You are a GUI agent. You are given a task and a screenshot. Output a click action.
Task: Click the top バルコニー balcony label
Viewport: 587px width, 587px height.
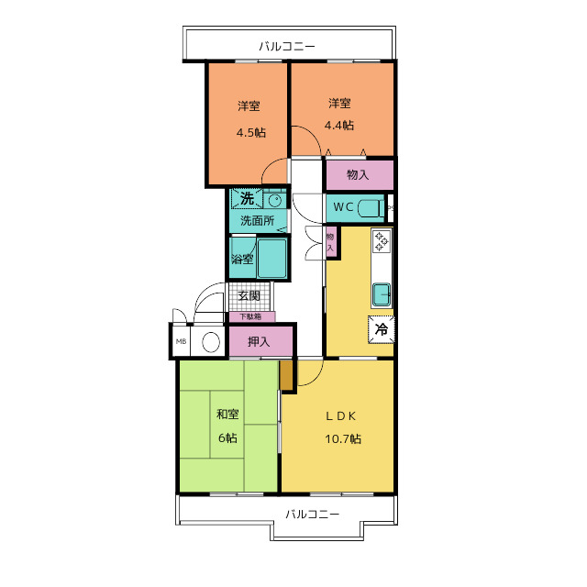click(287, 47)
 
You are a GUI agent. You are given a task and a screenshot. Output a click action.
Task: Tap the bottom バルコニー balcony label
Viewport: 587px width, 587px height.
click(313, 514)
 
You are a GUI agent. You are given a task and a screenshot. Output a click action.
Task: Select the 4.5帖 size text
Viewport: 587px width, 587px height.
click(251, 132)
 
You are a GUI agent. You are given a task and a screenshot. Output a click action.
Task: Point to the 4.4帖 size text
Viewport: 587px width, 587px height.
click(339, 125)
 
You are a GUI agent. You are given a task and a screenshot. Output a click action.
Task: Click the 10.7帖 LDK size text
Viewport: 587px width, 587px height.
click(343, 438)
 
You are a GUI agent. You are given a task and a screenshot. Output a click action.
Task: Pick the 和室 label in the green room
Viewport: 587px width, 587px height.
click(227, 414)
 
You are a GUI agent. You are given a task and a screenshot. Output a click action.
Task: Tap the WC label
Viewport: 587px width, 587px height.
click(343, 207)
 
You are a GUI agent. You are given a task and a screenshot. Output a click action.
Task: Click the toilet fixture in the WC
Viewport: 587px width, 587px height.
click(371, 209)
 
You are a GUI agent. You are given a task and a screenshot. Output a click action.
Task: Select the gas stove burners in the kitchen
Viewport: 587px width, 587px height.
click(382, 241)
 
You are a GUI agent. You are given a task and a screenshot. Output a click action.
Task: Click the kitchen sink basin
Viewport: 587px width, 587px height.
click(382, 294)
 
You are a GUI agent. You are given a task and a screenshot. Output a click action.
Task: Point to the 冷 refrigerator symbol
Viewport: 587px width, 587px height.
click(382, 329)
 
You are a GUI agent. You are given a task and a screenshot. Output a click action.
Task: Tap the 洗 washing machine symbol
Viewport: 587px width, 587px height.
click(247, 198)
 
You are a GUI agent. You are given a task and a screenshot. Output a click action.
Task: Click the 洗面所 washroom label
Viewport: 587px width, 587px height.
click(258, 220)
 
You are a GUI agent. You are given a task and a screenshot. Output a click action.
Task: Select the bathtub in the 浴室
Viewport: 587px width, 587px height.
click(271, 259)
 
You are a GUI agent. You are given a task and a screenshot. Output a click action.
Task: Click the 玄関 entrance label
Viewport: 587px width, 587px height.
click(249, 295)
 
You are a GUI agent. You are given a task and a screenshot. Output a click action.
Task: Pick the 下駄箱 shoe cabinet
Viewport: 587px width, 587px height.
click(252, 316)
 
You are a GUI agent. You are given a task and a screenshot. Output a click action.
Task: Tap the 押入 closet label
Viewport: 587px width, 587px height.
click(259, 341)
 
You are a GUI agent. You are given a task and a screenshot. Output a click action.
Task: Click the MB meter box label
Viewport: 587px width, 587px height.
click(182, 341)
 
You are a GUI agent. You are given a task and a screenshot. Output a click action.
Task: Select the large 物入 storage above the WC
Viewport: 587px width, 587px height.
click(360, 175)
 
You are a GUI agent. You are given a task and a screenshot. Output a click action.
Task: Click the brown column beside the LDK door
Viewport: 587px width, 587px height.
click(287, 375)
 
